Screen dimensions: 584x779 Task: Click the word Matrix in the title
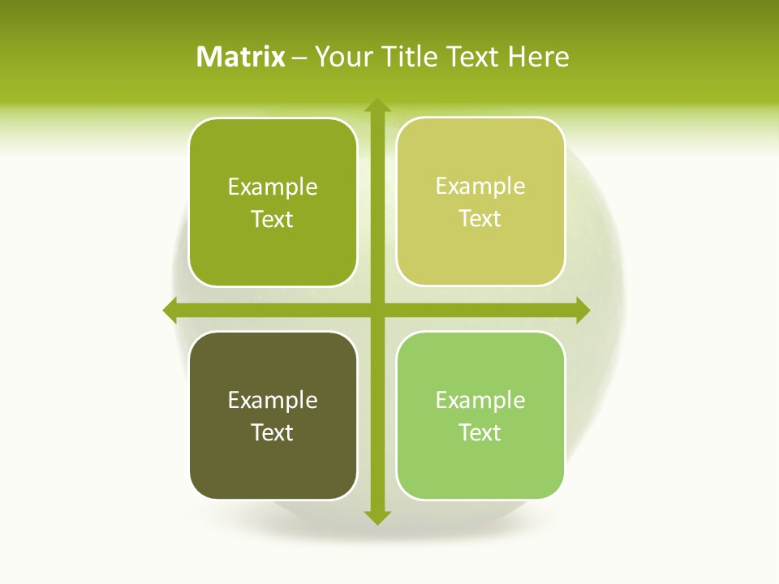[x=241, y=57]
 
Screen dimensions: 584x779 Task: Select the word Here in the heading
[x=539, y=57]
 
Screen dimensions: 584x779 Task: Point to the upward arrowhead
[x=377, y=105]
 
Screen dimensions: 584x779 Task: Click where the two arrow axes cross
[x=377, y=310]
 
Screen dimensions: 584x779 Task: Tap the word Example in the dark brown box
[x=273, y=400]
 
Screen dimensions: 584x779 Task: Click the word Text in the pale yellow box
[x=480, y=218]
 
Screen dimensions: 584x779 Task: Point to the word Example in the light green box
[x=480, y=400]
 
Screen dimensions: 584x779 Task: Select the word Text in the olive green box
[x=273, y=219]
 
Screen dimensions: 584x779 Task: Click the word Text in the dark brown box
[x=273, y=432]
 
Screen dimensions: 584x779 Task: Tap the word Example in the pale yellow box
[x=480, y=186]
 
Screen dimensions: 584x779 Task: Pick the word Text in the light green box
[x=480, y=432]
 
